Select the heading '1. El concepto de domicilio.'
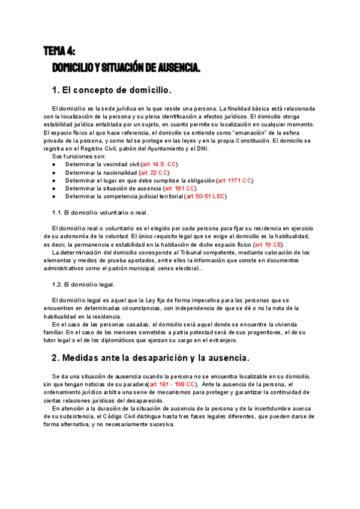click(x=112, y=90)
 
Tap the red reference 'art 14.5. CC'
click(x=159, y=164)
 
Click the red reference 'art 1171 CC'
click(x=235, y=180)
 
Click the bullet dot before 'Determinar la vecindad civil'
click(x=54, y=164)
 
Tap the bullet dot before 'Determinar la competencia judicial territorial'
click(x=54, y=196)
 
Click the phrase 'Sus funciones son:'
click(x=78, y=156)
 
